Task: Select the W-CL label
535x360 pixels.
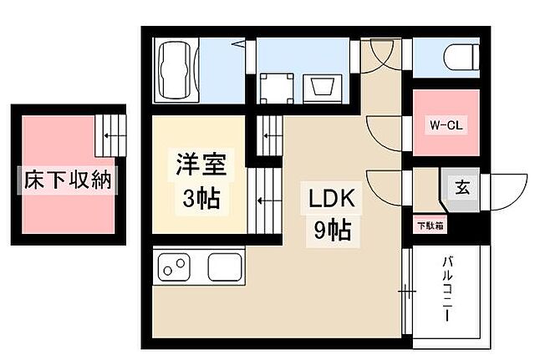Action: [446, 126]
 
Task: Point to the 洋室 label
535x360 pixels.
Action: [199, 161]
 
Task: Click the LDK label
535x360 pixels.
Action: [334, 199]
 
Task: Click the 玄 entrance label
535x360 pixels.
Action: [461, 187]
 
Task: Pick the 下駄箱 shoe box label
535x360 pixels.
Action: [431, 225]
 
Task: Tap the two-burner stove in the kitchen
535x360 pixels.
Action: [176, 268]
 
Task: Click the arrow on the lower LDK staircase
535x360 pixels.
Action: [262, 200]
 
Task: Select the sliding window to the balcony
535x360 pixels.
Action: [407, 292]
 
